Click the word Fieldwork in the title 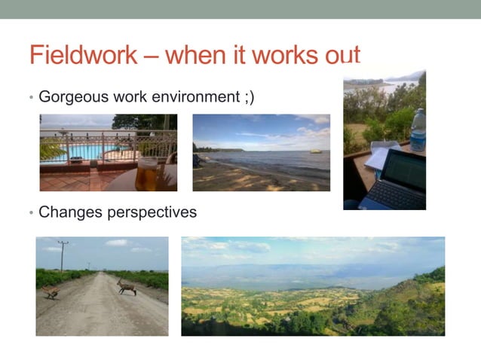(x=83, y=55)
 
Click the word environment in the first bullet (x=195, y=97)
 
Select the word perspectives (x=152, y=213)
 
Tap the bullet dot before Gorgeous (x=31, y=98)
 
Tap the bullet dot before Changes (x=31, y=213)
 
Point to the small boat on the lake (x=315, y=151)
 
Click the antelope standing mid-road (x=127, y=286)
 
